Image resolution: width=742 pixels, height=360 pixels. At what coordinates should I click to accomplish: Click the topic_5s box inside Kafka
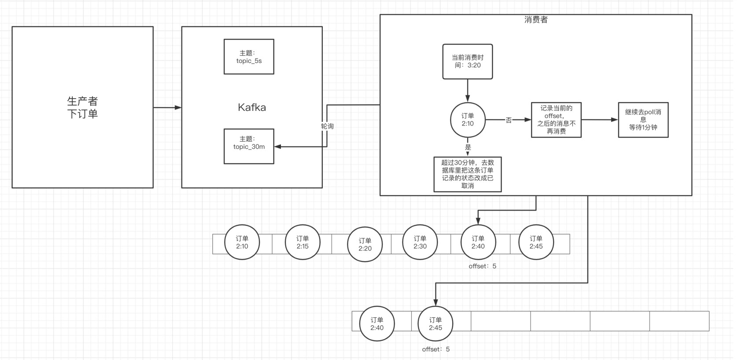pyautogui.click(x=249, y=57)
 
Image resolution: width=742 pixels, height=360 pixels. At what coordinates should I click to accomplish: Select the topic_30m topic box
pyautogui.click(x=249, y=147)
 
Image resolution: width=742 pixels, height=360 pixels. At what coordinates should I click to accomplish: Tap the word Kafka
pyautogui.click(x=252, y=107)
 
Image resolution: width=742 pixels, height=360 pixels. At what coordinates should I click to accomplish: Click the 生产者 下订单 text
pyautogui.click(x=82, y=107)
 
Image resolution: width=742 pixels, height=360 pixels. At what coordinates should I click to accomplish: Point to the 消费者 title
pyautogui.click(x=536, y=19)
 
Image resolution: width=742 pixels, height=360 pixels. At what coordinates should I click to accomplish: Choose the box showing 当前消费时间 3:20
pyautogui.click(x=467, y=62)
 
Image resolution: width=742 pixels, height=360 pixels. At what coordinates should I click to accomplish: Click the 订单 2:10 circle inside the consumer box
pyautogui.click(x=468, y=120)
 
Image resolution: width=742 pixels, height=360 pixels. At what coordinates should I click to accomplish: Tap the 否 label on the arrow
pyautogui.click(x=509, y=120)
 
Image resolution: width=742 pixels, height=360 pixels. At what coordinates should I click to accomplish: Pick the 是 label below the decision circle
pyautogui.click(x=468, y=147)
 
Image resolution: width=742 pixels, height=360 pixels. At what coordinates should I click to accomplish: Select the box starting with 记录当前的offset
pyautogui.click(x=556, y=120)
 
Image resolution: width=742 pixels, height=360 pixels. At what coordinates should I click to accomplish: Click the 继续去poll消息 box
pyautogui.click(x=643, y=120)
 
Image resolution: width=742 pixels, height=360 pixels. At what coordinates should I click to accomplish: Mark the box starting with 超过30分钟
pyautogui.click(x=467, y=174)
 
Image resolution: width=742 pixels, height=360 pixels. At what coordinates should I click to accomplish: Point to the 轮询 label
pyautogui.click(x=327, y=126)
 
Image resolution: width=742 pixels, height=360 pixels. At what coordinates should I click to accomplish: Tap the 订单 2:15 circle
pyautogui.click(x=303, y=242)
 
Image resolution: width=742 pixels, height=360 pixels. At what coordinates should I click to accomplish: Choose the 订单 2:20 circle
pyautogui.click(x=365, y=244)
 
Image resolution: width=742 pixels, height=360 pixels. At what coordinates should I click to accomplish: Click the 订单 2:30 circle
pyautogui.click(x=420, y=242)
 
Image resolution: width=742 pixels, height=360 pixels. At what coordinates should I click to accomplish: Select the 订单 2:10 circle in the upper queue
pyautogui.click(x=242, y=242)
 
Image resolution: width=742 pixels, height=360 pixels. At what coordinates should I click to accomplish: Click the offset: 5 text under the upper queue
pyautogui.click(x=482, y=266)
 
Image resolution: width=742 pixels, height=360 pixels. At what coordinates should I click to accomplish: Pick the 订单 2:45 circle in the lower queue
pyautogui.click(x=435, y=323)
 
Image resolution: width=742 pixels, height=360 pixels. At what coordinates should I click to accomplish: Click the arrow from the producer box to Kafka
pyautogui.click(x=167, y=107)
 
